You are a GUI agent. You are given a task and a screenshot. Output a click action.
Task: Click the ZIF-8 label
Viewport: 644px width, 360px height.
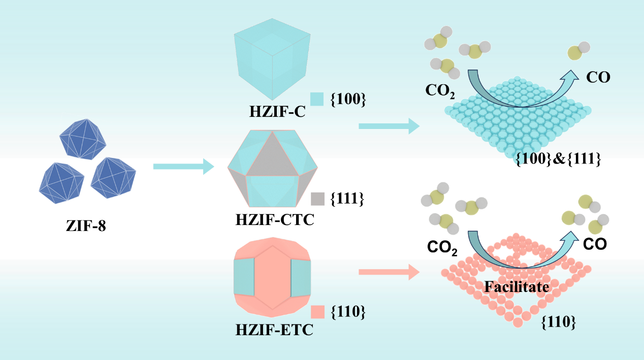86,226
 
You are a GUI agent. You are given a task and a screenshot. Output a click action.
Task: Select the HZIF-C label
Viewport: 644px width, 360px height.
277,112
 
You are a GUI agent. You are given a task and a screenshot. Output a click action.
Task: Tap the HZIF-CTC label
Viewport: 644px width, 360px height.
275,220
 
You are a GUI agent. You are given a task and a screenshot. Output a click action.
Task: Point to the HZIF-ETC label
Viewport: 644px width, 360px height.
274,330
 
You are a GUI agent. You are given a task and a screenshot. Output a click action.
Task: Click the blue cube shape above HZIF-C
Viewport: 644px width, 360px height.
272,59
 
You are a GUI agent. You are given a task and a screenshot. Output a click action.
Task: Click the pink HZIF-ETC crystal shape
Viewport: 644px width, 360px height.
272,277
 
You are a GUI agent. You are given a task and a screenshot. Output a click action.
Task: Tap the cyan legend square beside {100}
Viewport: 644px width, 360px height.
317,99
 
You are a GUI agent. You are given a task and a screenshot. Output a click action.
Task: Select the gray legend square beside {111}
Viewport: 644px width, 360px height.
318,199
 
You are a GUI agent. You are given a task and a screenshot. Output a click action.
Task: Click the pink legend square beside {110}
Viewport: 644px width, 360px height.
318,312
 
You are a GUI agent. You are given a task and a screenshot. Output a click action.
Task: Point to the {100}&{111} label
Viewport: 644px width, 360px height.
558,159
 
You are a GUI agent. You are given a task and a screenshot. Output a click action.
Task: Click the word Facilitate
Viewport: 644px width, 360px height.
517,287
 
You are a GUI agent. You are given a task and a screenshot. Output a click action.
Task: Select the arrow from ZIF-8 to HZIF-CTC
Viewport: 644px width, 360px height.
184,167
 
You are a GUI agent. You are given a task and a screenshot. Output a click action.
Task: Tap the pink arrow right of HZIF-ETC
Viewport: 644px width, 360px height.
389,272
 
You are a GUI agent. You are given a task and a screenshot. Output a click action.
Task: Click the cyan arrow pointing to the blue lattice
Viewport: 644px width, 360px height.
389,126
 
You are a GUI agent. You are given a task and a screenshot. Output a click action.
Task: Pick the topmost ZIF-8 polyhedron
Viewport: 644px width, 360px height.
83,139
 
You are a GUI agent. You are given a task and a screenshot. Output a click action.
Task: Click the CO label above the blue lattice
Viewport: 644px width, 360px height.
598,77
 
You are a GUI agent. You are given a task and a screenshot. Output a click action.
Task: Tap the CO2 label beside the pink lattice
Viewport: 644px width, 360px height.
442,247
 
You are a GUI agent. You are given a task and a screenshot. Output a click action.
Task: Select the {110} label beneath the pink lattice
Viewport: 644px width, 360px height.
558,322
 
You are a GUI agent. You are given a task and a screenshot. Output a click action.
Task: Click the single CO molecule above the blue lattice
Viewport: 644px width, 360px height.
578,51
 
